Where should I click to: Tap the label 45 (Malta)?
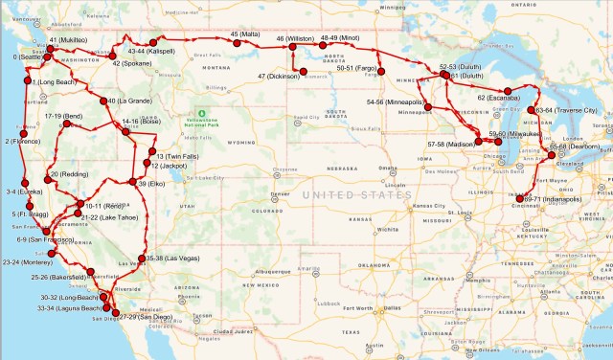[245, 34]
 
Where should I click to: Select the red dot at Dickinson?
[304, 71]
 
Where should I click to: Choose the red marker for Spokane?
[107, 56]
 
